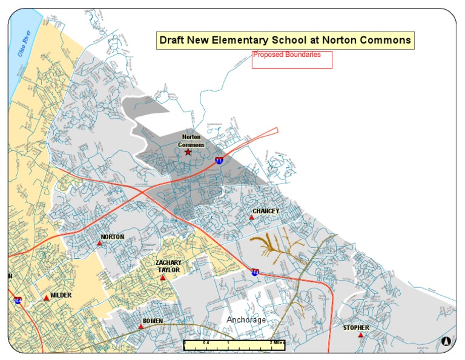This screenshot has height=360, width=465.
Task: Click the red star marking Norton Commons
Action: tap(188, 152)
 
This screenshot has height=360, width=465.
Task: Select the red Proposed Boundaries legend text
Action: tap(287, 55)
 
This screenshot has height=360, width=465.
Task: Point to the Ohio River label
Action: tap(24, 44)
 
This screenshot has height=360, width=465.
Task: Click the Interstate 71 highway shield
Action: tap(219, 161)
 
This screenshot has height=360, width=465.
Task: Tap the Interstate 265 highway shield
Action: tap(256, 273)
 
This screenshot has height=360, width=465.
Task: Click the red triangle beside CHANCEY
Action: tap(252, 217)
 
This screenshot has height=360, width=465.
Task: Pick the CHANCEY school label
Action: tap(266, 211)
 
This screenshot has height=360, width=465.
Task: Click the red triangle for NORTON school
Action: tap(100, 243)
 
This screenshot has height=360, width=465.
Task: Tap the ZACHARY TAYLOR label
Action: tap(169, 266)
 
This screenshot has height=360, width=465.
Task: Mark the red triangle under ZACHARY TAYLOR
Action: tap(163, 277)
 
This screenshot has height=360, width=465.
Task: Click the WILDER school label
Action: tap(61, 295)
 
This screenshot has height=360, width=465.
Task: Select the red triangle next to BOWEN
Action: tap(141, 326)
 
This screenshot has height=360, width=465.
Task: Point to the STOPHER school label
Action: tap(356, 328)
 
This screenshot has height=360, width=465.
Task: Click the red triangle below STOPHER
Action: tap(361, 335)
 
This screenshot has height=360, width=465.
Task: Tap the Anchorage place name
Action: tap(246, 319)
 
